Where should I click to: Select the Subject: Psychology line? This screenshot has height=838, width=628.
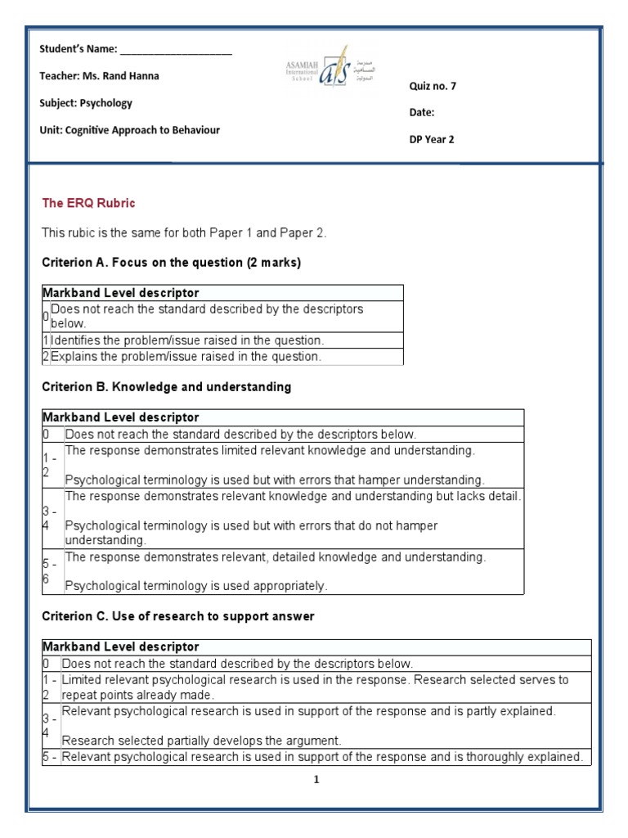[86, 103]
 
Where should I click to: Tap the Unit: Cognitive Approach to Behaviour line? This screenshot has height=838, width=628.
[129, 130]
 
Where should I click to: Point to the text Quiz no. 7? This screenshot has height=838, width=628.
[433, 87]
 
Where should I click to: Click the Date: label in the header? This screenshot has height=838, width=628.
[422, 113]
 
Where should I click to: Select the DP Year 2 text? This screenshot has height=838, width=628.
[432, 139]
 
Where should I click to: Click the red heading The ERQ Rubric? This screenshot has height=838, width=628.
[88, 203]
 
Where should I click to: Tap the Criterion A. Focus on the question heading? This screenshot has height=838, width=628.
[171, 263]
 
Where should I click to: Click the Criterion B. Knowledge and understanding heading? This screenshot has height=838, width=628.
[166, 387]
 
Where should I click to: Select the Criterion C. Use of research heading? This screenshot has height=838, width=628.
[177, 615]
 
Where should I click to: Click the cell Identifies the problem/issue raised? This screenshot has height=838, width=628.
[187, 340]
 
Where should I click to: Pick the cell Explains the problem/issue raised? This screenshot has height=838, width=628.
[186, 357]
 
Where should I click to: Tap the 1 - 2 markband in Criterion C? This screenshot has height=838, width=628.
[50, 687]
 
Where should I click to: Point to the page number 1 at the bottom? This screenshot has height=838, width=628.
[316, 780]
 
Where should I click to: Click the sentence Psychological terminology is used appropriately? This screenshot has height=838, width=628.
[195, 586]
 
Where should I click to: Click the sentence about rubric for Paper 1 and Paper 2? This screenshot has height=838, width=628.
[184, 233]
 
